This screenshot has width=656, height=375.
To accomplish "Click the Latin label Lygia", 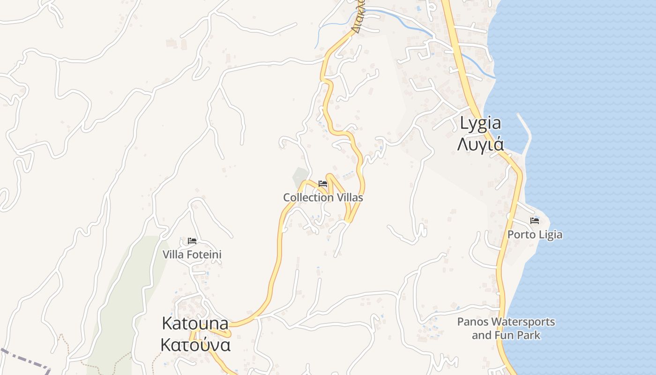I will point(480,123).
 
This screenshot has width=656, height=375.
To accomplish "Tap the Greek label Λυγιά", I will point(480,143).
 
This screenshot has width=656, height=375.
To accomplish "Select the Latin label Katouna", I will point(195,323).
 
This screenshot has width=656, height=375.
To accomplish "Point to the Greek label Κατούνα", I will point(195,345).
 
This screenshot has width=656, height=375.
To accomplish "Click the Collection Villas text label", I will point(323,197).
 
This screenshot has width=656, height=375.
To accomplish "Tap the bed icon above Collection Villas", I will point(323,183).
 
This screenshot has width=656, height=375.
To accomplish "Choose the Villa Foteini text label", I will point(192,255).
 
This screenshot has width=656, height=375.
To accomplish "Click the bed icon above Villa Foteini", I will point(192,241).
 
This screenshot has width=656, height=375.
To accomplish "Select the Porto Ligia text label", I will point(535,234).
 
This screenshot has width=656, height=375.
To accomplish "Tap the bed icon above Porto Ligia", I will point(535,220).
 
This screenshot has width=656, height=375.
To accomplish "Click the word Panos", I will point(473,322).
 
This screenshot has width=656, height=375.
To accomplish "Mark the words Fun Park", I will point(517,335).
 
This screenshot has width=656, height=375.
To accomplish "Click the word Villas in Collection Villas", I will point(349,197).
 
